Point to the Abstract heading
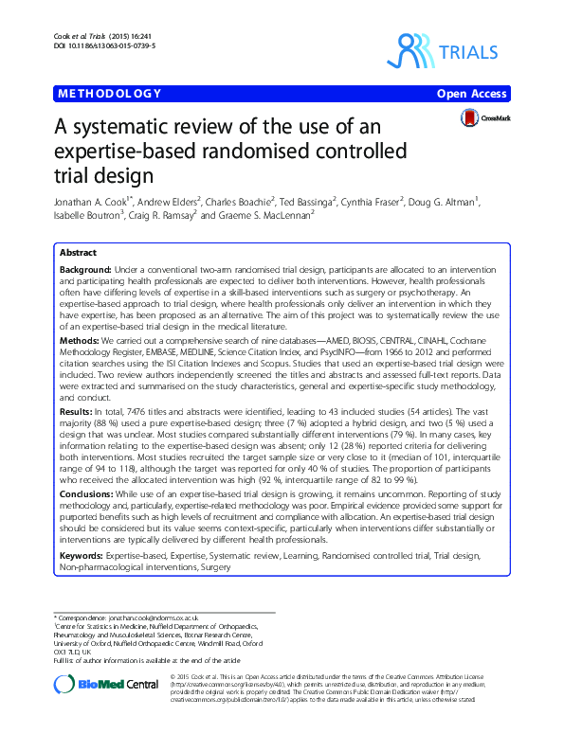click(x=77, y=254)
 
